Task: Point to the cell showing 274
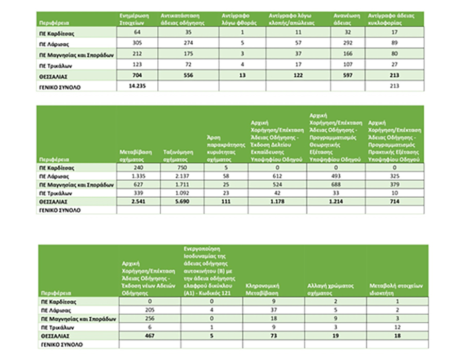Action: [x=188, y=44]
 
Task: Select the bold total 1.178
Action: [x=276, y=201]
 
